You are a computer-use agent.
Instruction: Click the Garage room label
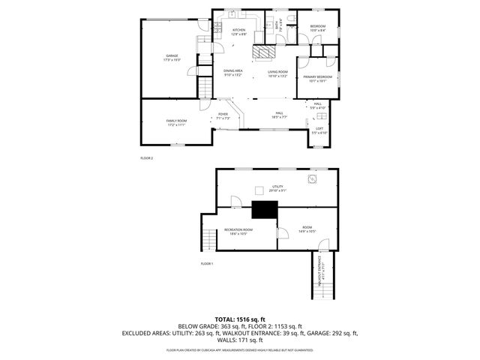(x=172, y=58)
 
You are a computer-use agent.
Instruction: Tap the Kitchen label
(x=238, y=32)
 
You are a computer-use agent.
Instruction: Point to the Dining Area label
(x=232, y=73)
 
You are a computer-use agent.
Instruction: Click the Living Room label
(x=277, y=73)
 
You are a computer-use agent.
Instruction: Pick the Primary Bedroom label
(x=318, y=79)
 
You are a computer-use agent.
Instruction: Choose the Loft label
(x=319, y=130)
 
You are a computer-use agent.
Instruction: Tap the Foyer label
(x=223, y=115)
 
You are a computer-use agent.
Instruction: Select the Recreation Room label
(x=241, y=231)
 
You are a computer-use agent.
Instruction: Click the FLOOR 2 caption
(x=146, y=158)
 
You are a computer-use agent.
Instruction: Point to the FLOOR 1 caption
(x=207, y=264)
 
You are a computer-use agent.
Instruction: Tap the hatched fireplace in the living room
(x=263, y=52)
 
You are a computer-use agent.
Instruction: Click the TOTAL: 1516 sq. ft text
(x=240, y=319)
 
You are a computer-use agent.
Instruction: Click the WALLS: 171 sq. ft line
(x=240, y=340)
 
